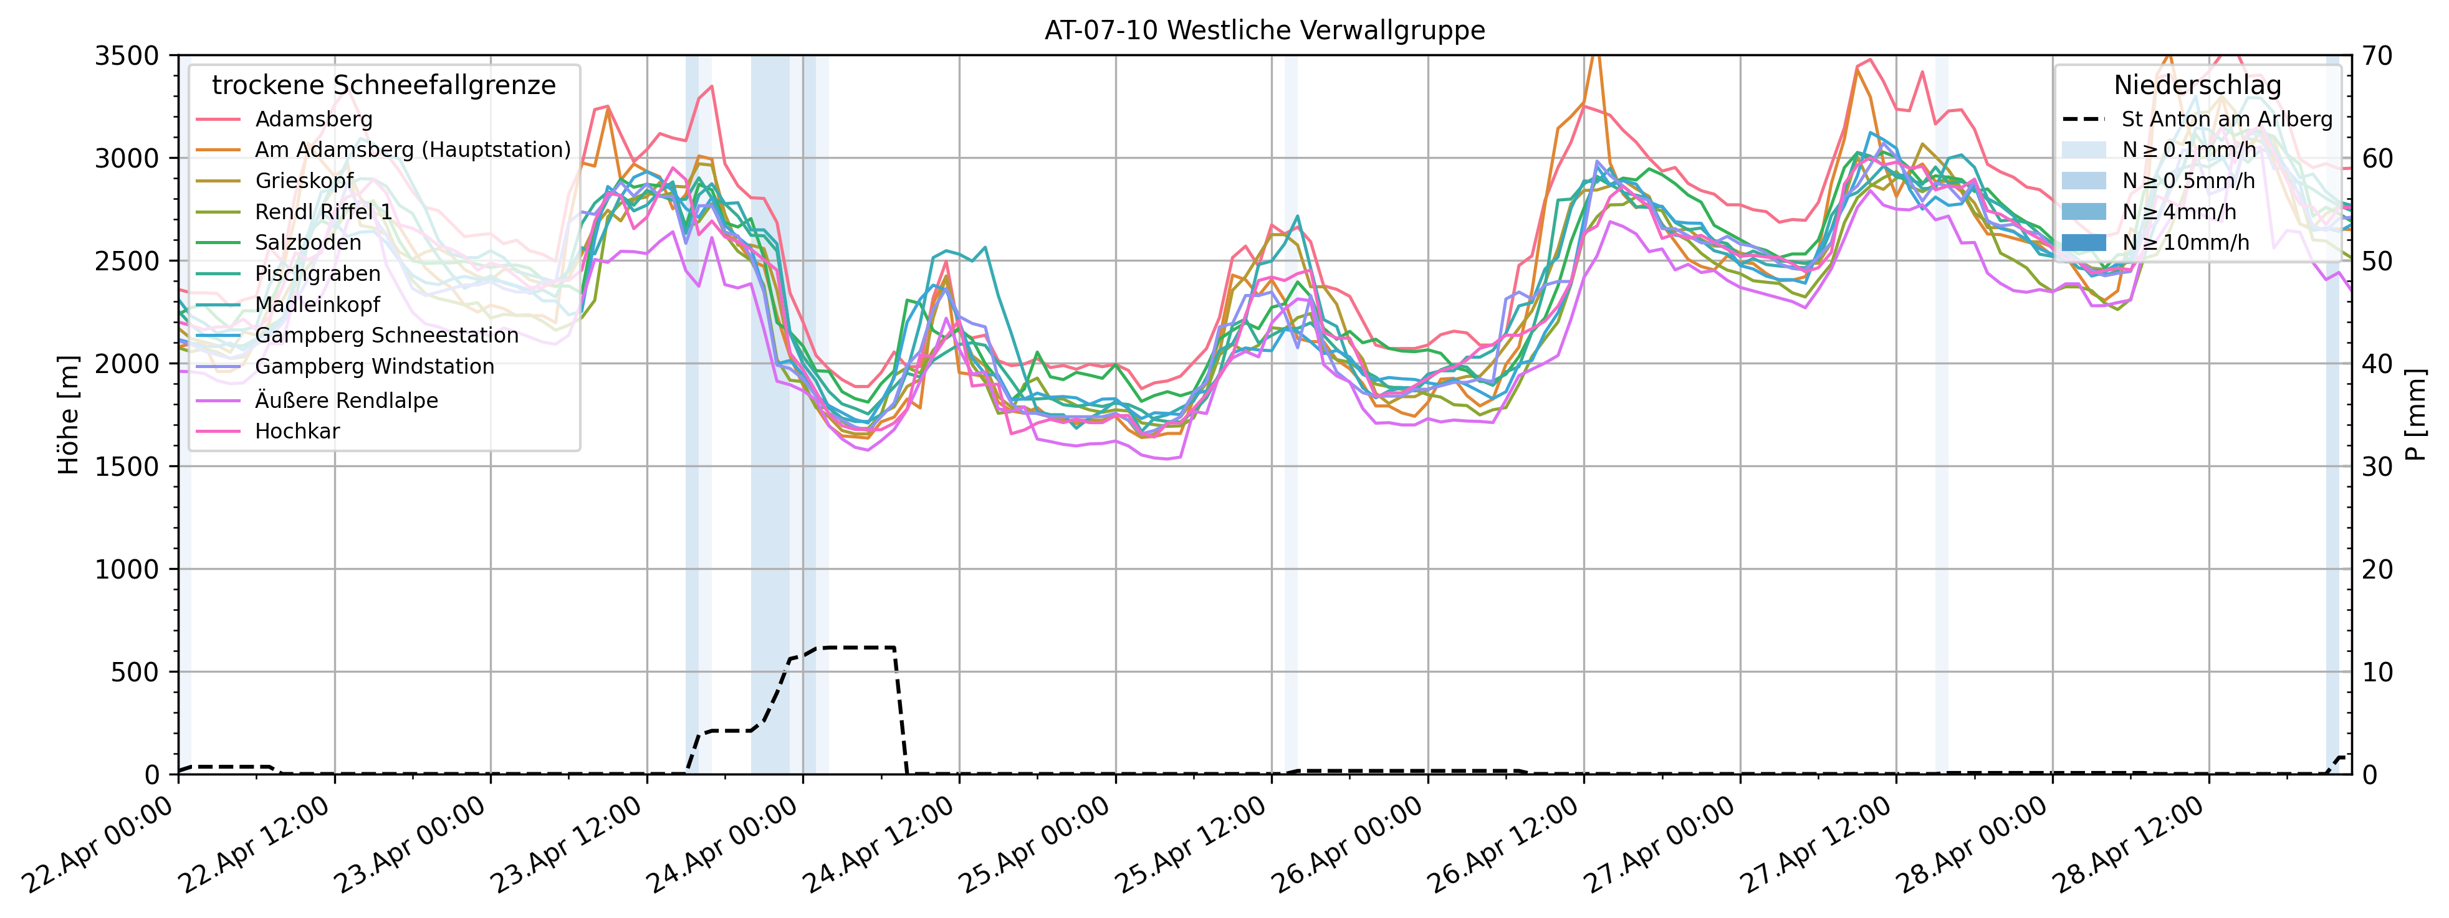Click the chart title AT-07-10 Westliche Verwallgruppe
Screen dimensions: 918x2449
(x=1265, y=31)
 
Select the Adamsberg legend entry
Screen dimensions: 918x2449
(x=313, y=120)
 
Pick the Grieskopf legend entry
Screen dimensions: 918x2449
(x=304, y=181)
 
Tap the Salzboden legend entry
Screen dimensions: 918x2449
(x=307, y=242)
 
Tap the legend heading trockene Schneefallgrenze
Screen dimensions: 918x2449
(x=383, y=85)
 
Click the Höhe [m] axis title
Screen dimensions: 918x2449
(x=69, y=415)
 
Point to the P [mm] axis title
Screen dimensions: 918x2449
(x=2416, y=415)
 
